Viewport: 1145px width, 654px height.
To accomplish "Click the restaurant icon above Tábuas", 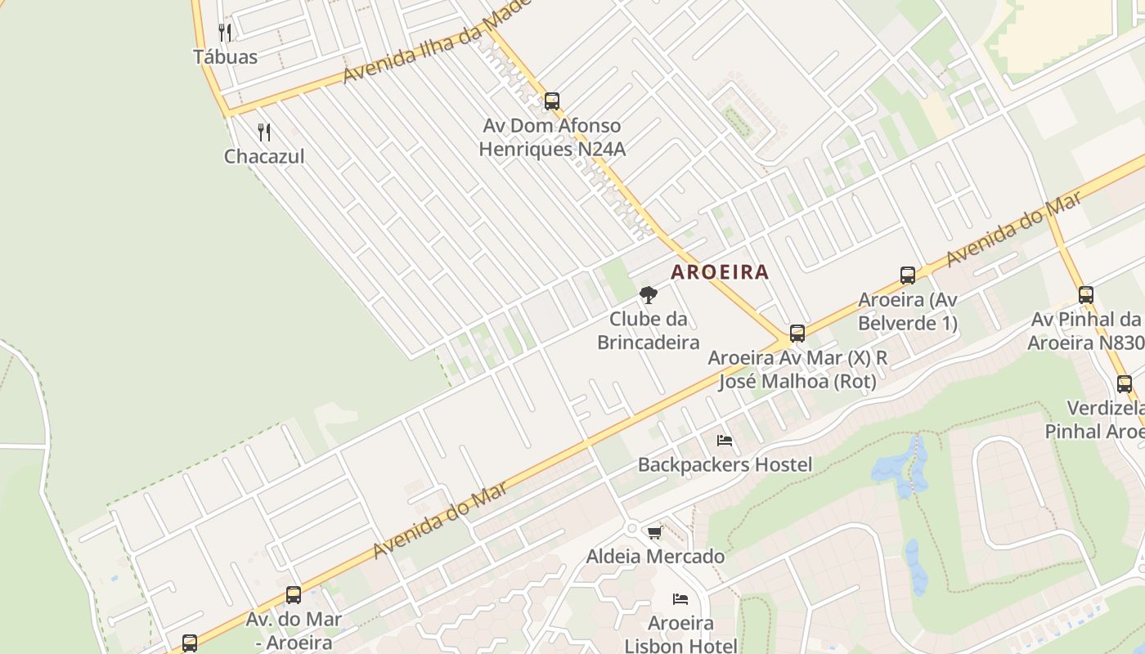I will (x=225, y=33).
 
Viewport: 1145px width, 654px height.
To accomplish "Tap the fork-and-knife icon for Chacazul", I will (x=264, y=132).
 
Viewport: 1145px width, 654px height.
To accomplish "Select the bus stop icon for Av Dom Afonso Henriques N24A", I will (x=552, y=101).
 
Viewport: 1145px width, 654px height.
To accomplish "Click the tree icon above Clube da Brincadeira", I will (x=648, y=294).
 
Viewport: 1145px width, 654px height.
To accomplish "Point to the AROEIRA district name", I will (x=720, y=272).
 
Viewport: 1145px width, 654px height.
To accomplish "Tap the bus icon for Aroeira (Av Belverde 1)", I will (x=908, y=275).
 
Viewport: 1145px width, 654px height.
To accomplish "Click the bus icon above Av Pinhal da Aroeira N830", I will (x=1086, y=295).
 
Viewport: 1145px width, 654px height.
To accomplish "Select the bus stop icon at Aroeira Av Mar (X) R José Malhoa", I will (x=797, y=334).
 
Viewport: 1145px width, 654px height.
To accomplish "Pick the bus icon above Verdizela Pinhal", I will (x=1125, y=384).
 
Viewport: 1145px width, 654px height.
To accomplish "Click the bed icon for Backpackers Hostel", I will (x=725, y=441).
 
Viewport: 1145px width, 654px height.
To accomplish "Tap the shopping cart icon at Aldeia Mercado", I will (x=654, y=533).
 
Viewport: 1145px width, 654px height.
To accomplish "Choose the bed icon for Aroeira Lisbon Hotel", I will (x=680, y=599).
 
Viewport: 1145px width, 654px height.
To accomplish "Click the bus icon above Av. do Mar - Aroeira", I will (x=294, y=595).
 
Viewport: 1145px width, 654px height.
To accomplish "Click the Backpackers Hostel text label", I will (x=725, y=465).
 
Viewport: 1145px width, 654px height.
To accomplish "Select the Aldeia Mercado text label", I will (x=655, y=557).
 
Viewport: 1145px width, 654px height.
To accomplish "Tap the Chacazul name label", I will (x=264, y=156).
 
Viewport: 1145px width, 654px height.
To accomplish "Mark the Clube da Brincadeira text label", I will (x=648, y=330).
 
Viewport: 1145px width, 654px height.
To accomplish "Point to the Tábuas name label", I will (x=225, y=56).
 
